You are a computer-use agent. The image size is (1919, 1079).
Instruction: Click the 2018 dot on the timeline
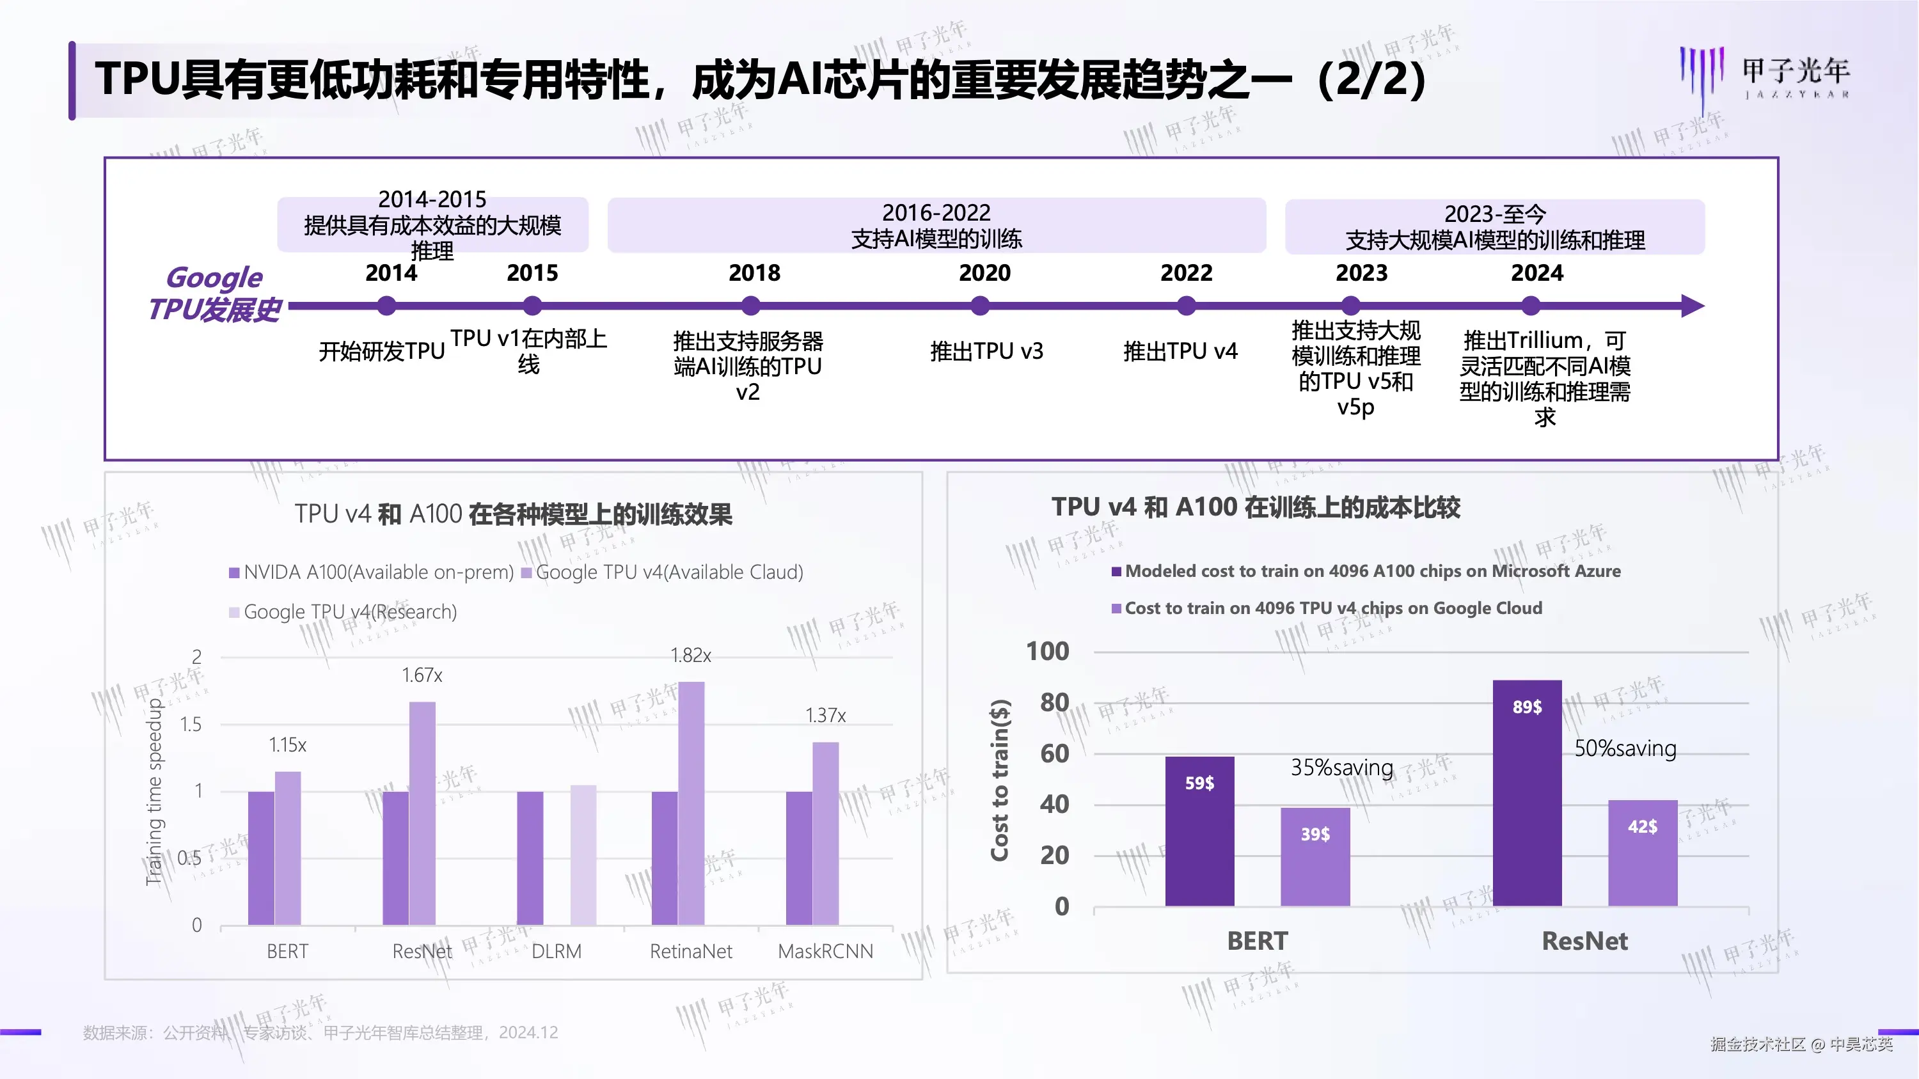click(751, 305)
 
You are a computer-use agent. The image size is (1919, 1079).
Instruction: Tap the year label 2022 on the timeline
click(1186, 272)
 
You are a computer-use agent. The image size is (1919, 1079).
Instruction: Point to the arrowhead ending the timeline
click(1693, 305)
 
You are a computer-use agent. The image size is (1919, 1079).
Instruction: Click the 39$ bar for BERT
click(1315, 856)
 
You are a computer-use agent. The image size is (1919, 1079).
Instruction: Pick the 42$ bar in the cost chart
click(1642, 853)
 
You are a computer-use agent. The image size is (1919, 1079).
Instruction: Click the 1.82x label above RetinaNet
click(691, 656)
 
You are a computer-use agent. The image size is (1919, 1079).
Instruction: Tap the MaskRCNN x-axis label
click(825, 951)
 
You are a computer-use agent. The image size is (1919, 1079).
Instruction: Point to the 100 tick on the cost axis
click(1047, 652)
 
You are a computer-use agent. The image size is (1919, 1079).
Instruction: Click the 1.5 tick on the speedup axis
click(191, 724)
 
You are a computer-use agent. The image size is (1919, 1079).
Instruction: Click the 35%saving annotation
click(1341, 767)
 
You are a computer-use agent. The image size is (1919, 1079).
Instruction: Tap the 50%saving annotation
click(1625, 748)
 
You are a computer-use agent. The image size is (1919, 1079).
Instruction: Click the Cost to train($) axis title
click(999, 780)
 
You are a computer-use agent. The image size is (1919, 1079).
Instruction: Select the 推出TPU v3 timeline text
click(986, 350)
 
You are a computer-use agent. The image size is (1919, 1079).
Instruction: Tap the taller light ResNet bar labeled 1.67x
click(422, 812)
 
